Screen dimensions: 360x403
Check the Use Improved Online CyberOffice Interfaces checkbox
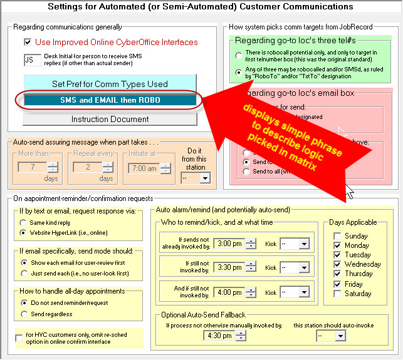pos(28,43)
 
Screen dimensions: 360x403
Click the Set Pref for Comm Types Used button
pos(110,84)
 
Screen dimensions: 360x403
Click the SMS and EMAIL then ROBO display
pos(110,100)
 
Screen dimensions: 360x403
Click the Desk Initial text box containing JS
pos(32,60)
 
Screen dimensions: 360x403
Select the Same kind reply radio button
pos(24,222)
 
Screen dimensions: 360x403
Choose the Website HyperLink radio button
pos(24,232)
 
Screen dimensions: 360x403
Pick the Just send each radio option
pos(24,273)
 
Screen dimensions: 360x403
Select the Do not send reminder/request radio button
pos(24,303)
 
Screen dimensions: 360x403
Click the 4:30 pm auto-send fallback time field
pos(219,336)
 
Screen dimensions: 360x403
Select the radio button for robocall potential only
pos(239,56)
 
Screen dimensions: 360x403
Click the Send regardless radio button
pos(24,314)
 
